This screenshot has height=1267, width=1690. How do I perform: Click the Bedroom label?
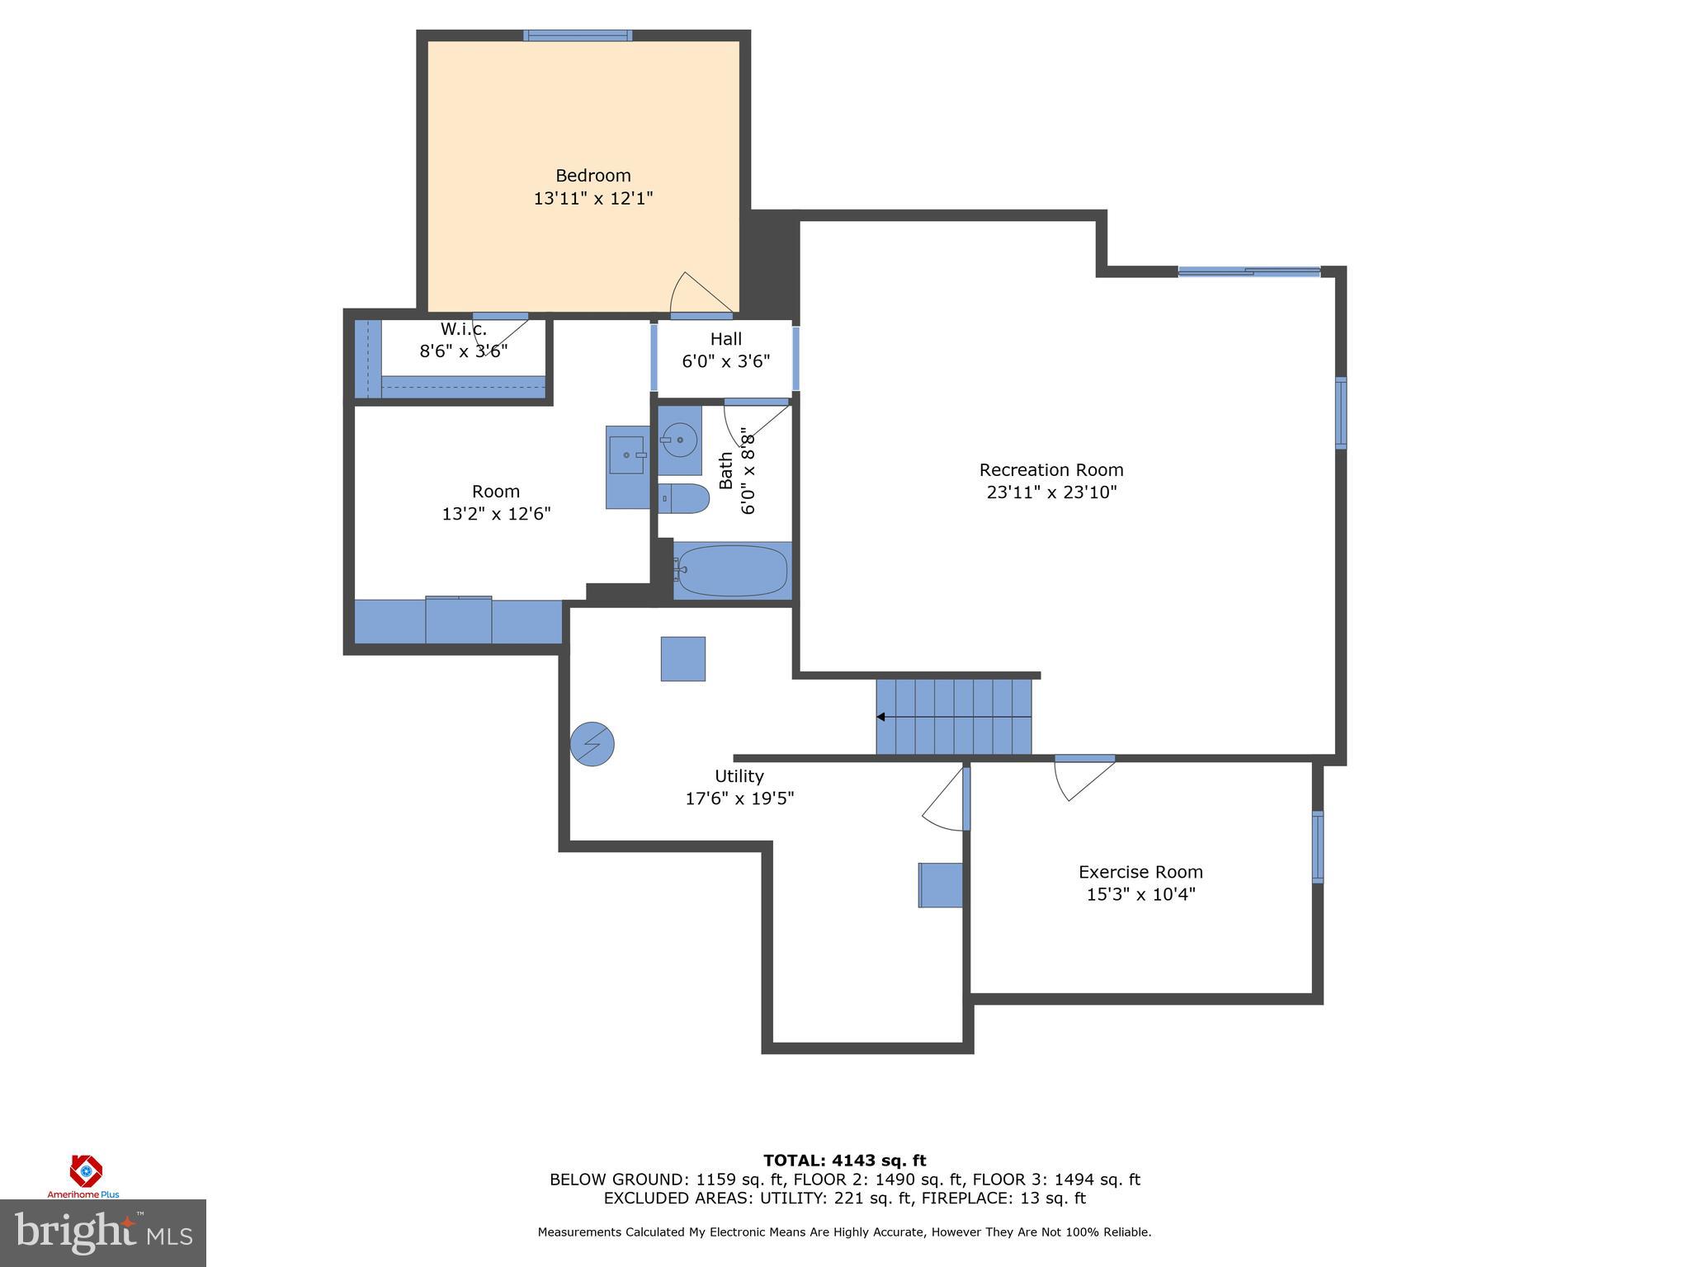(x=592, y=176)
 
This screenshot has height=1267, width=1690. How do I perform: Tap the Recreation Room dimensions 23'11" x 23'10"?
(x=1051, y=492)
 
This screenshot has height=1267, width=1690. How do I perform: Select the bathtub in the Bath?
(x=732, y=571)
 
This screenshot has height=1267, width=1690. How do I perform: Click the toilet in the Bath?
(x=685, y=498)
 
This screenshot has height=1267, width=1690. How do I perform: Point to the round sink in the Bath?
(x=679, y=440)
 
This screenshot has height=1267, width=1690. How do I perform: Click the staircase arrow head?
(x=881, y=717)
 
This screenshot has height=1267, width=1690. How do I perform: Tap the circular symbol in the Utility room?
(x=592, y=744)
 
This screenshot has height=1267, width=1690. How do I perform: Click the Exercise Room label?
(x=1140, y=872)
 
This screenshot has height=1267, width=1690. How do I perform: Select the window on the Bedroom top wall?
(x=578, y=35)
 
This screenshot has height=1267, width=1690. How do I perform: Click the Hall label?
(x=725, y=339)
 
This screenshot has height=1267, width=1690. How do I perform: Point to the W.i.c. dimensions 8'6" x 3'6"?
(x=463, y=351)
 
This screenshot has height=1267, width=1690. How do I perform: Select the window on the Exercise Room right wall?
(x=1318, y=847)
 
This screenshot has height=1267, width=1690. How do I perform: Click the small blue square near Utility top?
(x=682, y=658)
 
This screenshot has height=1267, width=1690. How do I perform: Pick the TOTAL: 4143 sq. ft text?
(x=844, y=1161)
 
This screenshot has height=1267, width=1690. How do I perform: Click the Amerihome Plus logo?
(x=84, y=1175)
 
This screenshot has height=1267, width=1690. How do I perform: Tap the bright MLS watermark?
(x=102, y=1232)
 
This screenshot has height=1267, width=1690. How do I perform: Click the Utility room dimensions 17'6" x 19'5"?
(x=739, y=798)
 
